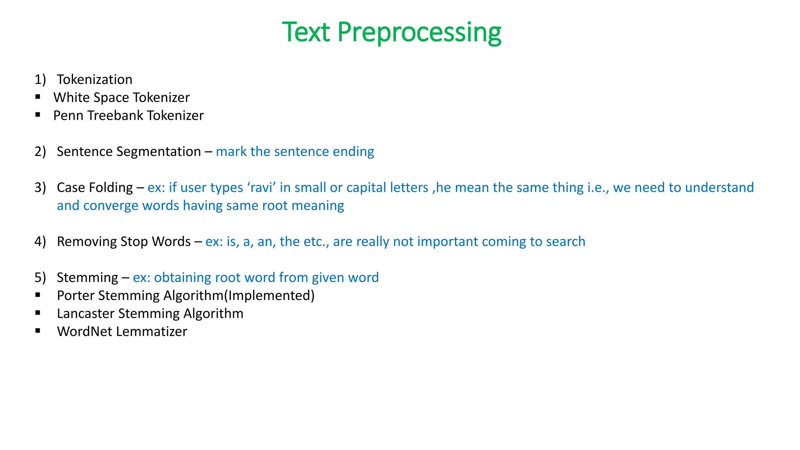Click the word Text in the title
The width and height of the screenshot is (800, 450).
pos(306,32)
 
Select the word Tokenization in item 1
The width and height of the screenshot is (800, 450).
pos(95,80)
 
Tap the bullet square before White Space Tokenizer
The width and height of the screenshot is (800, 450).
pos(38,96)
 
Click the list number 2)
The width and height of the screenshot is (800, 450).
pos(40,152)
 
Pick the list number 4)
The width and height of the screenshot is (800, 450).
pos(40,241)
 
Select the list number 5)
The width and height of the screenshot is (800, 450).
pos(40,277)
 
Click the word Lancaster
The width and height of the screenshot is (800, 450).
pos(86,314)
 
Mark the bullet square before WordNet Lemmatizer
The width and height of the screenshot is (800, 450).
pos(38,331)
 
